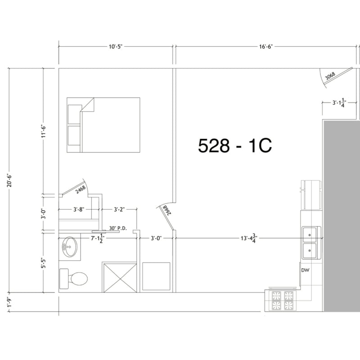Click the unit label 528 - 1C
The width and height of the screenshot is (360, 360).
tap(235, 145)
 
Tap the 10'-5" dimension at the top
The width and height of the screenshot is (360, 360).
tap(116, 47)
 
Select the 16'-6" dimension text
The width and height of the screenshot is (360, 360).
tap(265, 47)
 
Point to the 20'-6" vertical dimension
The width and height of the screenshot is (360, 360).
tap(9, 180)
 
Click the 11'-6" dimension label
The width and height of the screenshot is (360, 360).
tap(44, 131)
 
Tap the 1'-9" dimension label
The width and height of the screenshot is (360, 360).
tap(9, 302)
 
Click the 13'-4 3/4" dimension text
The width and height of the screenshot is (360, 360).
tap(249, 238)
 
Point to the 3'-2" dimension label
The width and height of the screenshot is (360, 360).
tap(119, 209)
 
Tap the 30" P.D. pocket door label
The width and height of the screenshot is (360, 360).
tap(118, 228)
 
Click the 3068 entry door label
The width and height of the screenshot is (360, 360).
tap(330, 76)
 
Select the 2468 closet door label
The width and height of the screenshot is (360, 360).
tap(81, 190)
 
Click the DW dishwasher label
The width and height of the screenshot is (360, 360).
tap(306, 270)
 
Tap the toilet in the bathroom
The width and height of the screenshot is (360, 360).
tap(73, 279)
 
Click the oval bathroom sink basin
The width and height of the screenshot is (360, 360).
tap(69, 247)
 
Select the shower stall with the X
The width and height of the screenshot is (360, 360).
tap(120, 278)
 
